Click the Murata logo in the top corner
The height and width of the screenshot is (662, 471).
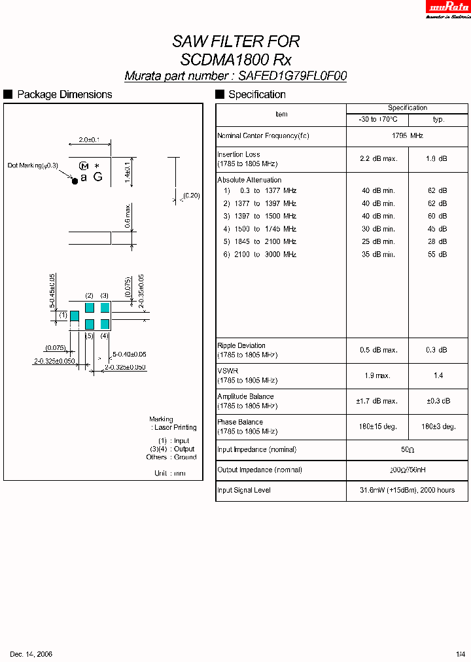pos(449,8)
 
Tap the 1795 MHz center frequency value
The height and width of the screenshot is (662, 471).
pos(408,135)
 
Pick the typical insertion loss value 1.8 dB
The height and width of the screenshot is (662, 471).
pos(438,158)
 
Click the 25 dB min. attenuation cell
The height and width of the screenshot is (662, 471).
pos(378,241)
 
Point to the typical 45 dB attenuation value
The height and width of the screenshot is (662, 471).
pos(438,229)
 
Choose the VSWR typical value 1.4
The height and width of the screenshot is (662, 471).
pos(438,375)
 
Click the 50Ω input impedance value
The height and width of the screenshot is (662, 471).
pos(408,450)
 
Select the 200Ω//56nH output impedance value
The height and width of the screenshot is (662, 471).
pos(408,470)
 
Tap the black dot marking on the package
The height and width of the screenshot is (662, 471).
pos(75,180)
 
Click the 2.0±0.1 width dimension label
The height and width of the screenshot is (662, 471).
pos(88,140)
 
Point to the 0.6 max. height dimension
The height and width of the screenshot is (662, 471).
pos(128,216)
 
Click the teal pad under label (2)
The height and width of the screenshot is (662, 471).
pos(90,307)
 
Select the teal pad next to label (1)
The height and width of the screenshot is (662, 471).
pos(75,316)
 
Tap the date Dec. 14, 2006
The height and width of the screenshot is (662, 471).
pos(31,654)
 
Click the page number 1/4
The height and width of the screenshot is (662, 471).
pos(461,654)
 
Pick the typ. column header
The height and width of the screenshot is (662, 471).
pos(438,120)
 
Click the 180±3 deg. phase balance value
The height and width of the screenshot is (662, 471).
pos(438,427)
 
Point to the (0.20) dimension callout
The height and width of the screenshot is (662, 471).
pos(191,196)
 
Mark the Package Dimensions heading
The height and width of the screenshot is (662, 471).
pos(64,95)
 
